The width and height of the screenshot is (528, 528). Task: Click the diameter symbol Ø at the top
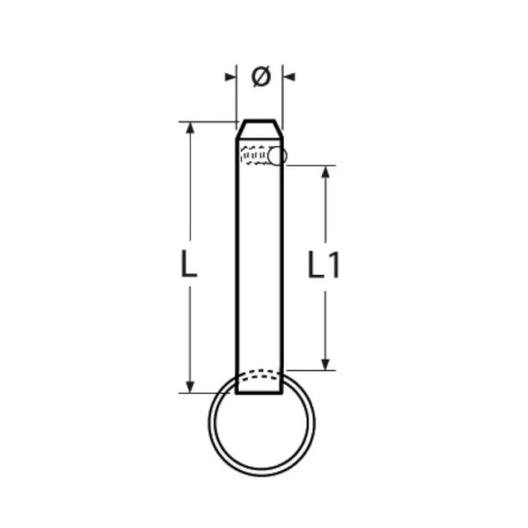pyautogui.click(x=261, y=77)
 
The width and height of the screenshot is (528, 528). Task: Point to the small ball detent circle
pyautogui.click(x=277, y=156)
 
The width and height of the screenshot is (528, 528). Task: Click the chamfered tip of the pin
pyautogui.click(x=259, y=126)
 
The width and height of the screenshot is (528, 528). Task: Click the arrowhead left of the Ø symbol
pyautogui.click(x=230, y=78)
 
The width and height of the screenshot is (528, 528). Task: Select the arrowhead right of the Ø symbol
pyautogui.click(x=289, y=78)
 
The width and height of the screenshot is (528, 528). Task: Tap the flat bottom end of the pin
pyautogui.click(x=259, y=393)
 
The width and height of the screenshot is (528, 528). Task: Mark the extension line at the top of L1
pyautogui.click(x=312, y=166)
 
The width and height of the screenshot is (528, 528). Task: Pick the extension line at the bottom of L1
pyautogui.click(x=312, y=370)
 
